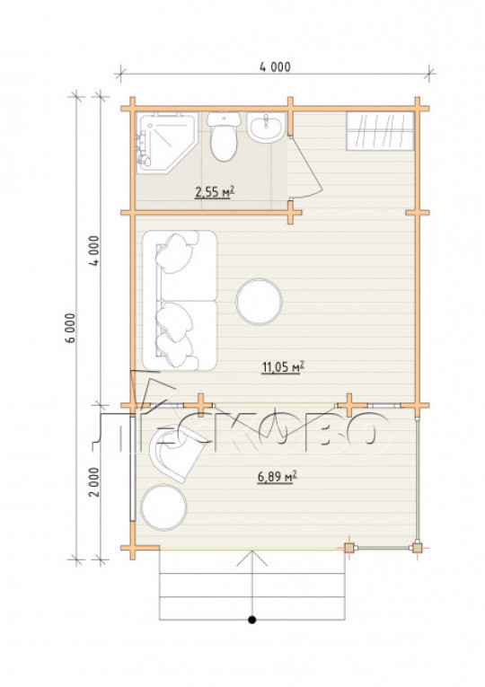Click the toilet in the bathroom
(224, 137)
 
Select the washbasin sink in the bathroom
(266, 127)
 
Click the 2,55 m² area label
(215, 191)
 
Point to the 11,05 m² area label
(283, 367)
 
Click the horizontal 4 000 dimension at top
(275, 66)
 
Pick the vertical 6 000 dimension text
(72, 328)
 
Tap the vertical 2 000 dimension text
(94, 481)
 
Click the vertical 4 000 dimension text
(94, 251)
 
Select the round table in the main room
(259, 302)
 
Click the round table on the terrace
(163, 507)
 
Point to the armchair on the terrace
(175, 454)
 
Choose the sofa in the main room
(180, 301)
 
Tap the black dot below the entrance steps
(251, 620)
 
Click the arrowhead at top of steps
(251, 558)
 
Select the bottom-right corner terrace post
(417, 548)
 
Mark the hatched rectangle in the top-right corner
(380, 131)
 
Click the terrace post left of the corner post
(348, 548)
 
